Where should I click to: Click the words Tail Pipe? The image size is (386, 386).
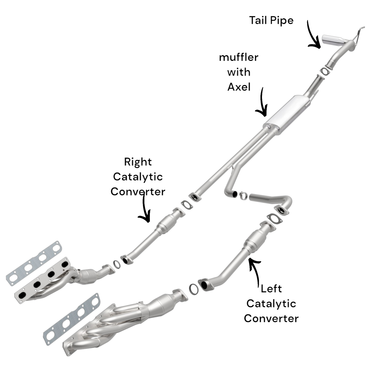point(271,21)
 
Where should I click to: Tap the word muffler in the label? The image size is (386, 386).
point(239,57)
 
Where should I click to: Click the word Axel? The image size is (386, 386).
point(239,87)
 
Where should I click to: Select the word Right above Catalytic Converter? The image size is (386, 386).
point(138,162)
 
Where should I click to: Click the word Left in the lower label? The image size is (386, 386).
point(271,289)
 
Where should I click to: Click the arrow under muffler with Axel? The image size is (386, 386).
point(262,103)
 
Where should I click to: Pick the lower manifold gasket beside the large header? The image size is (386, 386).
point(71,319)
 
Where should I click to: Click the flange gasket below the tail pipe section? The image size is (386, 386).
point(324,71)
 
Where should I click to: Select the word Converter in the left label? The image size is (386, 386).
point(271,318)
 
